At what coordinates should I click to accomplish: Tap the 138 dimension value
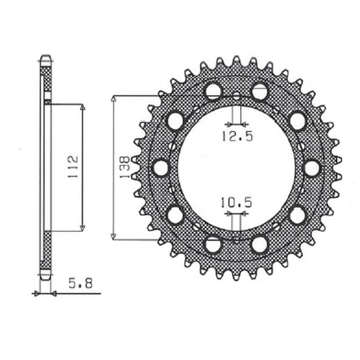pyautogui.click(x=125, y=167)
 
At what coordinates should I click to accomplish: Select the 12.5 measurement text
pyautogui.click(x=238, y=136)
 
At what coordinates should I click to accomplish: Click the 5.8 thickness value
pyautogui.click(x=81, y=283)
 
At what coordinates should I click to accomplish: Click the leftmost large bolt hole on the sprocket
pyautogui.click(x=161, y=168)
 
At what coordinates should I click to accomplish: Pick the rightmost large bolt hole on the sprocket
pyautogui.click(x=312, y=168)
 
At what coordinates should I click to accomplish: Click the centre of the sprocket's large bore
pyautogui.click(x=237, y=168)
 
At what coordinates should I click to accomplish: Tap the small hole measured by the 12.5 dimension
pyautogui.click(x=237, y=96)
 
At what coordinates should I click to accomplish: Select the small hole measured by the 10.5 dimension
pyautogui.click(x=237, y=240)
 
